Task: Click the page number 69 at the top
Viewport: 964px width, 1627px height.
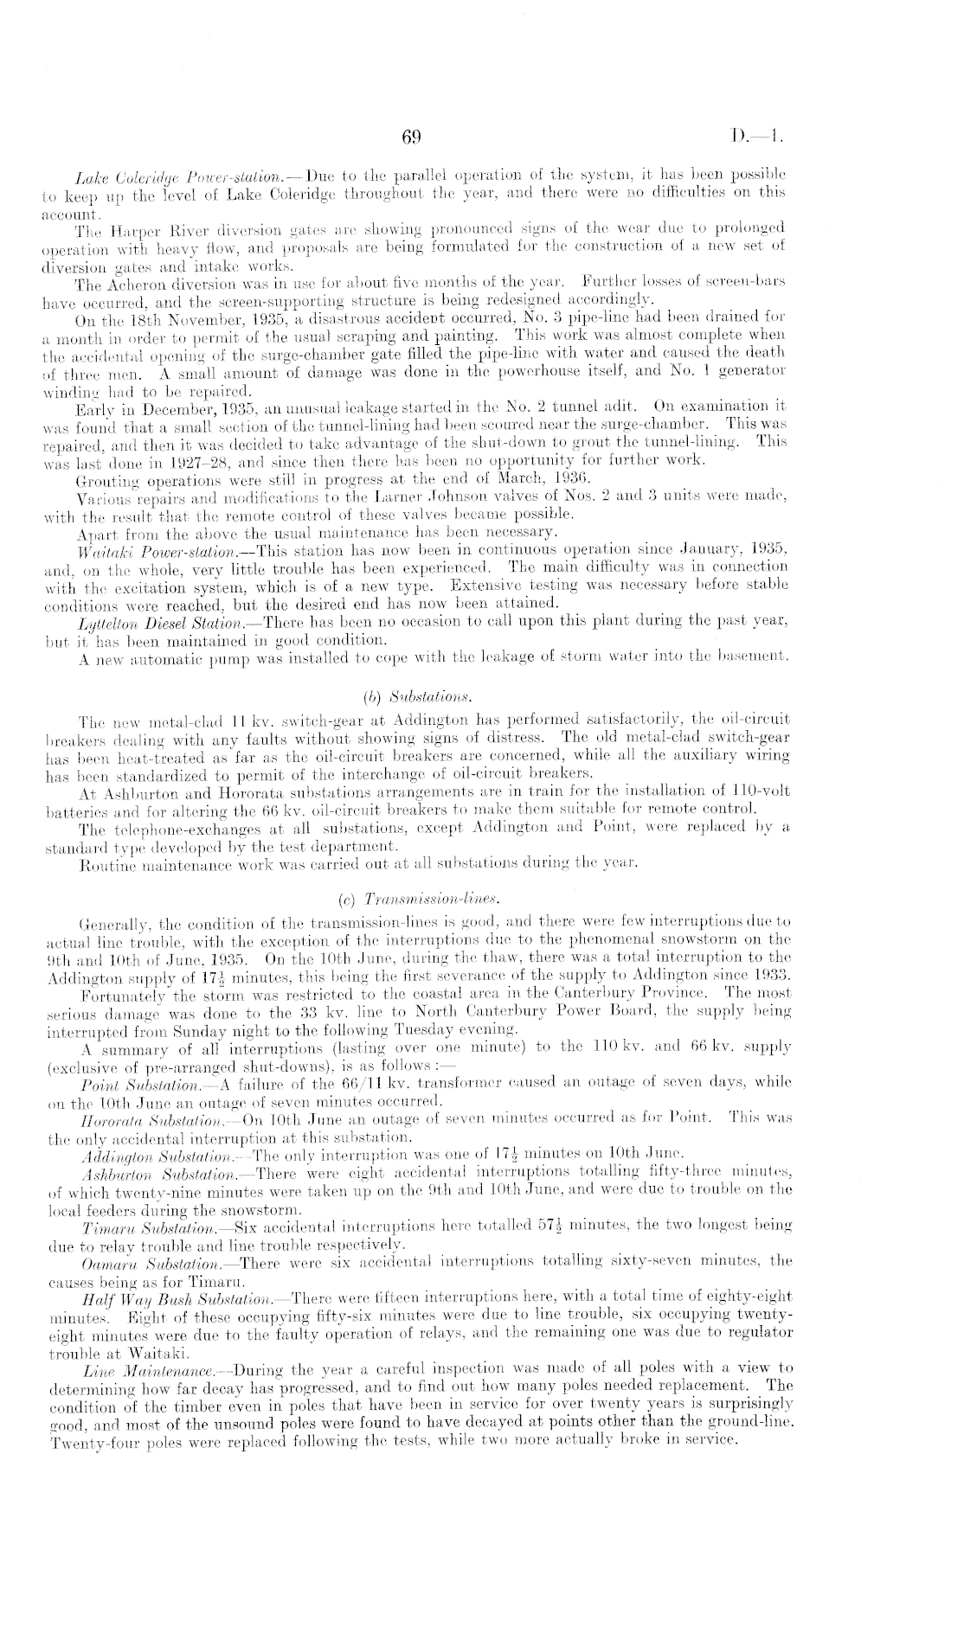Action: [411, 135]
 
